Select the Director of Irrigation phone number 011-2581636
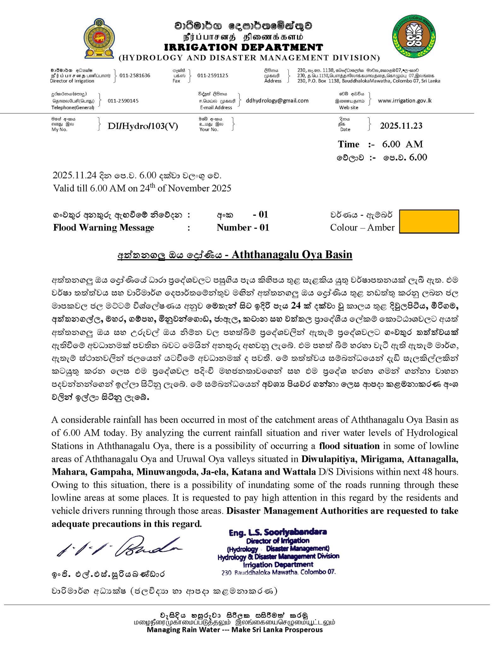[x=135, y=75]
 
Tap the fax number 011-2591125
[x=213, y=75]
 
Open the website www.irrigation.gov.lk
[x=405, y=101]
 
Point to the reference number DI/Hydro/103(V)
[x=143, y=126]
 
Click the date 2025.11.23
[x=401, y=126]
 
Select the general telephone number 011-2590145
[x=123, y=101]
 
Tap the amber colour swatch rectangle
[x=429, y=221]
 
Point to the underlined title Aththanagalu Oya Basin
[x=292, y=255]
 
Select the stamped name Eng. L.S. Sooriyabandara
[x=278, y=532]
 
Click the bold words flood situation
[x=349, y=446]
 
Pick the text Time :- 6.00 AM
[x=380, y=144]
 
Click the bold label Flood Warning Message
[x=104, y=227]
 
